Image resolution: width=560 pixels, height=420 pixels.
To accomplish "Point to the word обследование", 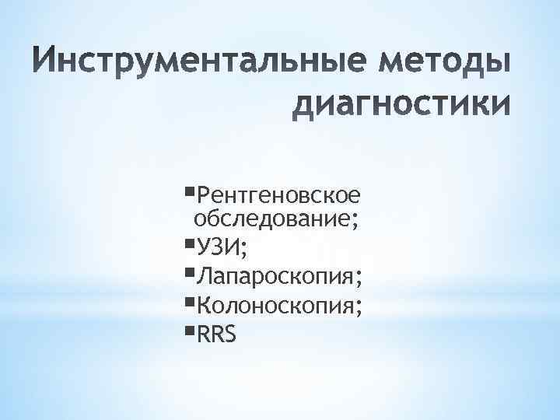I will [x=274, y=219].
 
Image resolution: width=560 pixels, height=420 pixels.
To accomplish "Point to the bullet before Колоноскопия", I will [x=191, y=299].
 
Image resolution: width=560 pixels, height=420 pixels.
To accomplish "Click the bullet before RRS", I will [x=191, y=327].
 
